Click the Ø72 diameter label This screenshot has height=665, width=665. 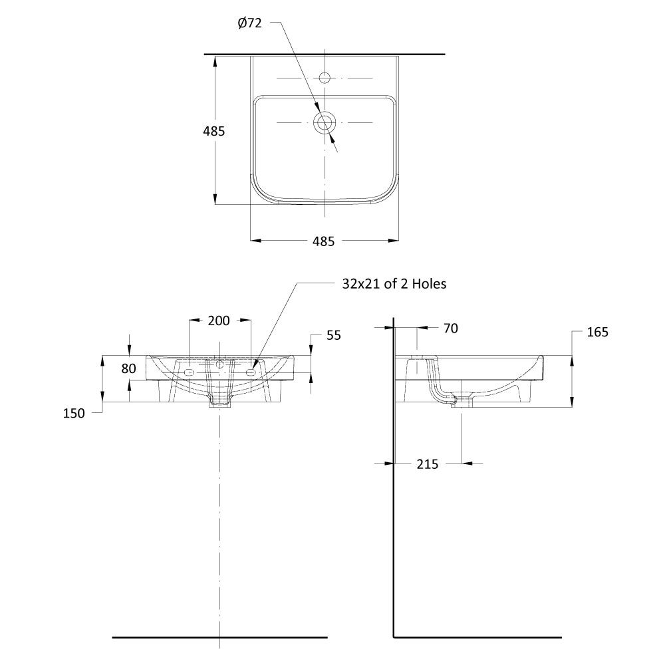click(249, 23)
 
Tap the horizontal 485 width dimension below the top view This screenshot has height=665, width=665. click(324, 241)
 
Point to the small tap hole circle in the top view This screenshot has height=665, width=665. click(325, 78)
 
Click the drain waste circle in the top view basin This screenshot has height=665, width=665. click(325, 122)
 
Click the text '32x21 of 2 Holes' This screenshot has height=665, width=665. click(394, 284)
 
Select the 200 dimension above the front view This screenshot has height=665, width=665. click(219, 321)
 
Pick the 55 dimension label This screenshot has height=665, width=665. click(334, 335)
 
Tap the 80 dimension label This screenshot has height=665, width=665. click(128, 368)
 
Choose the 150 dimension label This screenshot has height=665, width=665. click(74, 413)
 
